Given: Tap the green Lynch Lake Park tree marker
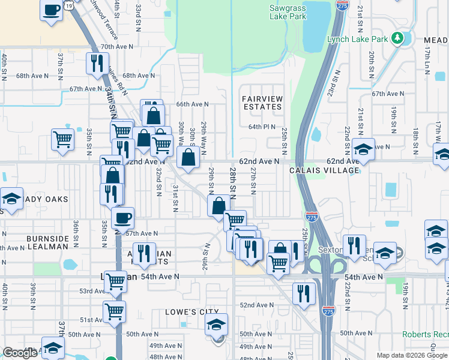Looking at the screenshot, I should coord(397,39).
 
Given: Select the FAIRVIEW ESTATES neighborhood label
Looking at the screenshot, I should coord(262,102).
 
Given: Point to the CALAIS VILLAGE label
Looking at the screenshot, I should coord(324,170).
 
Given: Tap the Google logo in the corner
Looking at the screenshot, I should coord(20,353).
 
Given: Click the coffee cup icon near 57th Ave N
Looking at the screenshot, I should coord(122,218).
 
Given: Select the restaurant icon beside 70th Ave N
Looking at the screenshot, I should coord(97,62).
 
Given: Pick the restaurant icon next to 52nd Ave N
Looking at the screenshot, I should coord(304,293).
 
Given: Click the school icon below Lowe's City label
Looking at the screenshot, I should coord(217,325).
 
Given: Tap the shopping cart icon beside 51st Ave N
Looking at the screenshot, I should coord(113,311).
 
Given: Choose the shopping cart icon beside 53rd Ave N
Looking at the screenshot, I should coord(115,281).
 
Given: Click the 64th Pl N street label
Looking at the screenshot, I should coord(262,127).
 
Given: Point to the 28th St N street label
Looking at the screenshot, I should coord(233,184).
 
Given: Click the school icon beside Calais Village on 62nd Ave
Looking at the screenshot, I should coord(363,149).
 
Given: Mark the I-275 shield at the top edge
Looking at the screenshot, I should coord(342,5).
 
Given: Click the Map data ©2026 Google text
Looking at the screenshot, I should coord(412,355).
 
